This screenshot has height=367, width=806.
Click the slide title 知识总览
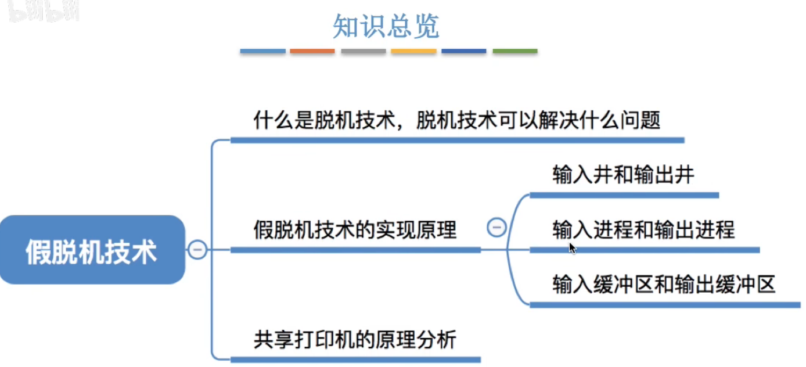386,26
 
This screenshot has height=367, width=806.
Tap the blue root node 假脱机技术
92,250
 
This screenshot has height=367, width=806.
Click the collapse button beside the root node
197,249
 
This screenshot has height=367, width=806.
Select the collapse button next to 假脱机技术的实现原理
496,228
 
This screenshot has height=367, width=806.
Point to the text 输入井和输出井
623,175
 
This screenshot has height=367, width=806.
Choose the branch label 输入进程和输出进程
644,229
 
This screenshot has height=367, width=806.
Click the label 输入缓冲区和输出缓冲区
664,284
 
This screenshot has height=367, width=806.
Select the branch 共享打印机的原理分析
355,340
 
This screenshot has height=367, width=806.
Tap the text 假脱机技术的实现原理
355,229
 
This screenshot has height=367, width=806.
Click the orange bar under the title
312,51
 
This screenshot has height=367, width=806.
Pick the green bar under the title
515,51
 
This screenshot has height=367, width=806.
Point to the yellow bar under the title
414,51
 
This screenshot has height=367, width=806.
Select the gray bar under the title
364,51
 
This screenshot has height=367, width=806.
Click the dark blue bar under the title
464,51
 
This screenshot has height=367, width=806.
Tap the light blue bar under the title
262,51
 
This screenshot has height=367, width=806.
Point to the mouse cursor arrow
572,249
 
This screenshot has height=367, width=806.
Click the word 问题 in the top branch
640,120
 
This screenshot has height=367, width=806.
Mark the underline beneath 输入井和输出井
624,195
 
